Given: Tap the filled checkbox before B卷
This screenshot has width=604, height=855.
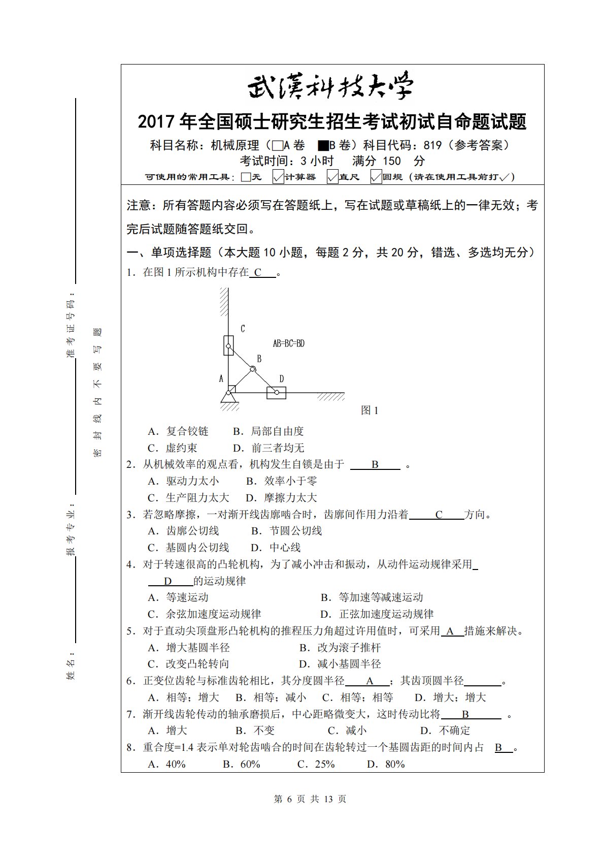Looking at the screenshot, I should click(323, 146).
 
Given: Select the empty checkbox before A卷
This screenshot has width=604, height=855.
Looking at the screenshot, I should click(277, 146).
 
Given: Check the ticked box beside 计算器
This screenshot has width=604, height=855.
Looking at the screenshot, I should click(278, 177).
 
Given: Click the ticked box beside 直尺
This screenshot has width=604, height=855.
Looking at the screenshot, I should click(332, 177).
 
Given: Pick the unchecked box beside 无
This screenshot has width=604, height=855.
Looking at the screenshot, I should click(246, 177).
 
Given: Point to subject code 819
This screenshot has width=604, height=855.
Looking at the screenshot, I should click(432, 145).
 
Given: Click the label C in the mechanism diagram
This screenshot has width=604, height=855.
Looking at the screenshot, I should click(243, 329).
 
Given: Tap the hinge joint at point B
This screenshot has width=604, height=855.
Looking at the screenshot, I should click(252, 369).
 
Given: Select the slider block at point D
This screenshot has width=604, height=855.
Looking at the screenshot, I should click(276, 392).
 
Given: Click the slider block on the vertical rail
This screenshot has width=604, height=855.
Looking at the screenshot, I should click(228, 345).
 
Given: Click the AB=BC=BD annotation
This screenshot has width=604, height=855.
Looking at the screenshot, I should click(288, 343).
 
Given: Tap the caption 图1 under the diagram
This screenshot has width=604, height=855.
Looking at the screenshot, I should click(370, 410).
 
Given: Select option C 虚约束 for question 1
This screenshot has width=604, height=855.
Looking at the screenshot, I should click(173, 448).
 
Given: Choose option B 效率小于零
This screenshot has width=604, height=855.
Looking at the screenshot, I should click(282, 481).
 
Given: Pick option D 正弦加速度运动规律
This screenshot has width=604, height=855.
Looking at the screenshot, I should click(377, 614).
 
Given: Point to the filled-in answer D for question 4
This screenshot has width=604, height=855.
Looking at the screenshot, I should click(168, 581).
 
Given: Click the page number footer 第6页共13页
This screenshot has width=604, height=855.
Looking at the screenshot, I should click(310, 799).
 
